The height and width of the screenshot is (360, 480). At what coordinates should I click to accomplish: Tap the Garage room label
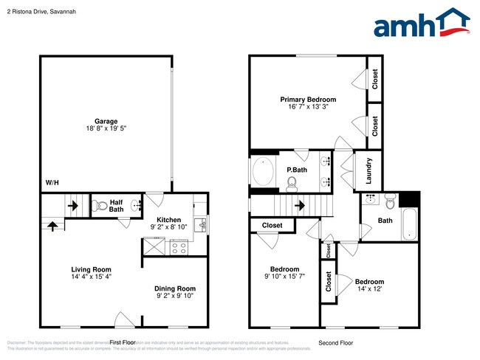point(106,121)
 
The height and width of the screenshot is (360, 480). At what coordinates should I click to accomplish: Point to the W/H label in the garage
point(52,183)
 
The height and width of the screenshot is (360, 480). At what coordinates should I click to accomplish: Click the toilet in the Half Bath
point(100,207)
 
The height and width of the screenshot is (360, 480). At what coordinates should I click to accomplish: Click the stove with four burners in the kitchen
point(179,249)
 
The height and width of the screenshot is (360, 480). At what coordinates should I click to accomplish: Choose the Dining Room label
point(175,288)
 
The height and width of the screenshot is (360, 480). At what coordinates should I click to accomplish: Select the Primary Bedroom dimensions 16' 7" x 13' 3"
point(307,107)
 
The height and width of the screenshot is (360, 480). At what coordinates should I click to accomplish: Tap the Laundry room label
point(369,170)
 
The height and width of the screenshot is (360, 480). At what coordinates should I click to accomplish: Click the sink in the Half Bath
point(134,207)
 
